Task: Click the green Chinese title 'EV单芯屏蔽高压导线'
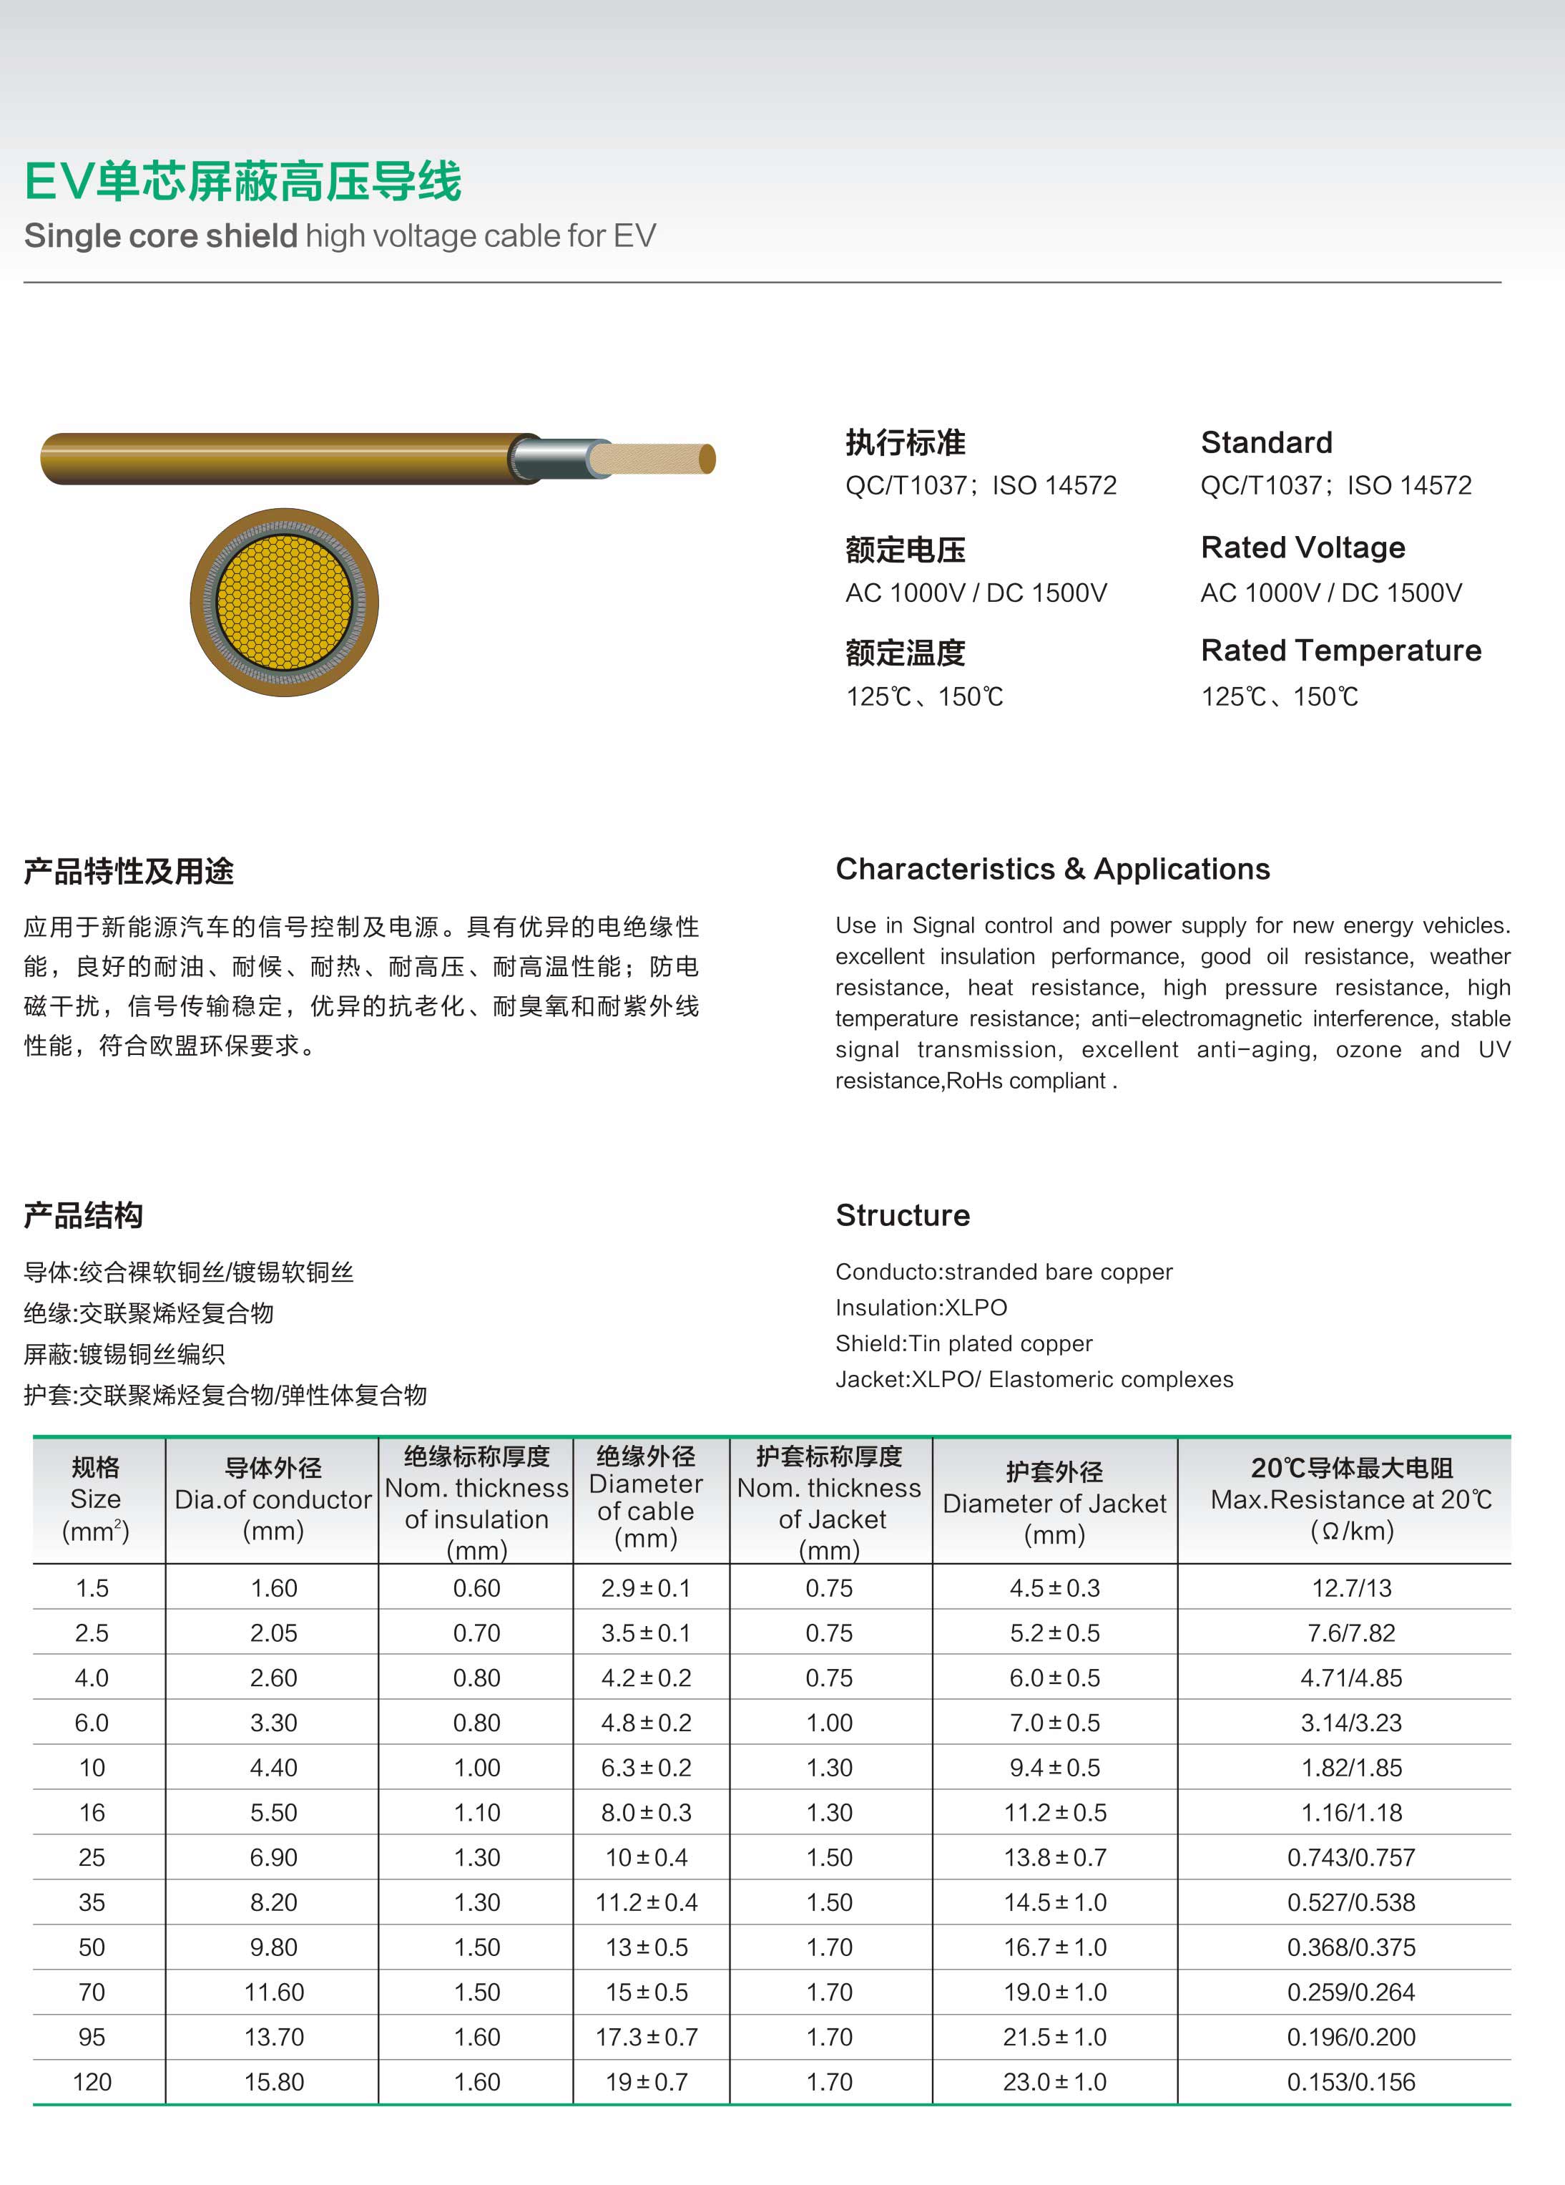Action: [242, 181]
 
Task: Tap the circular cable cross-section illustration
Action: [284, 602]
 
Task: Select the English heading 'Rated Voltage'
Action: [1302, 548]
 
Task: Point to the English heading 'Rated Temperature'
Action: [1340, 651]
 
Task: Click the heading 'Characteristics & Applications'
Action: [1053, 869]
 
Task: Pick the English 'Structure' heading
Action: [903, 1215]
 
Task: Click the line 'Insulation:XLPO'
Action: [921, 1308]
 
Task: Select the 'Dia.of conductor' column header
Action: [273, 1499]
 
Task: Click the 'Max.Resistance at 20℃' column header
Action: [1350, 1499]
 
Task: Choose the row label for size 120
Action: [92, 2082]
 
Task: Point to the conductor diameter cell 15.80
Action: [273, 2082]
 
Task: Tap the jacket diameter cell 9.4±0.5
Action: [1054, 1768]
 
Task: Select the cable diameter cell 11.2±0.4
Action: [646, 1903]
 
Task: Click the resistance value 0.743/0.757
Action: [1351, 1857]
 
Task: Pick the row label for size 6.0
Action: [92, 1723]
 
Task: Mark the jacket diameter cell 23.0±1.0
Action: [1054, 2082]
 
